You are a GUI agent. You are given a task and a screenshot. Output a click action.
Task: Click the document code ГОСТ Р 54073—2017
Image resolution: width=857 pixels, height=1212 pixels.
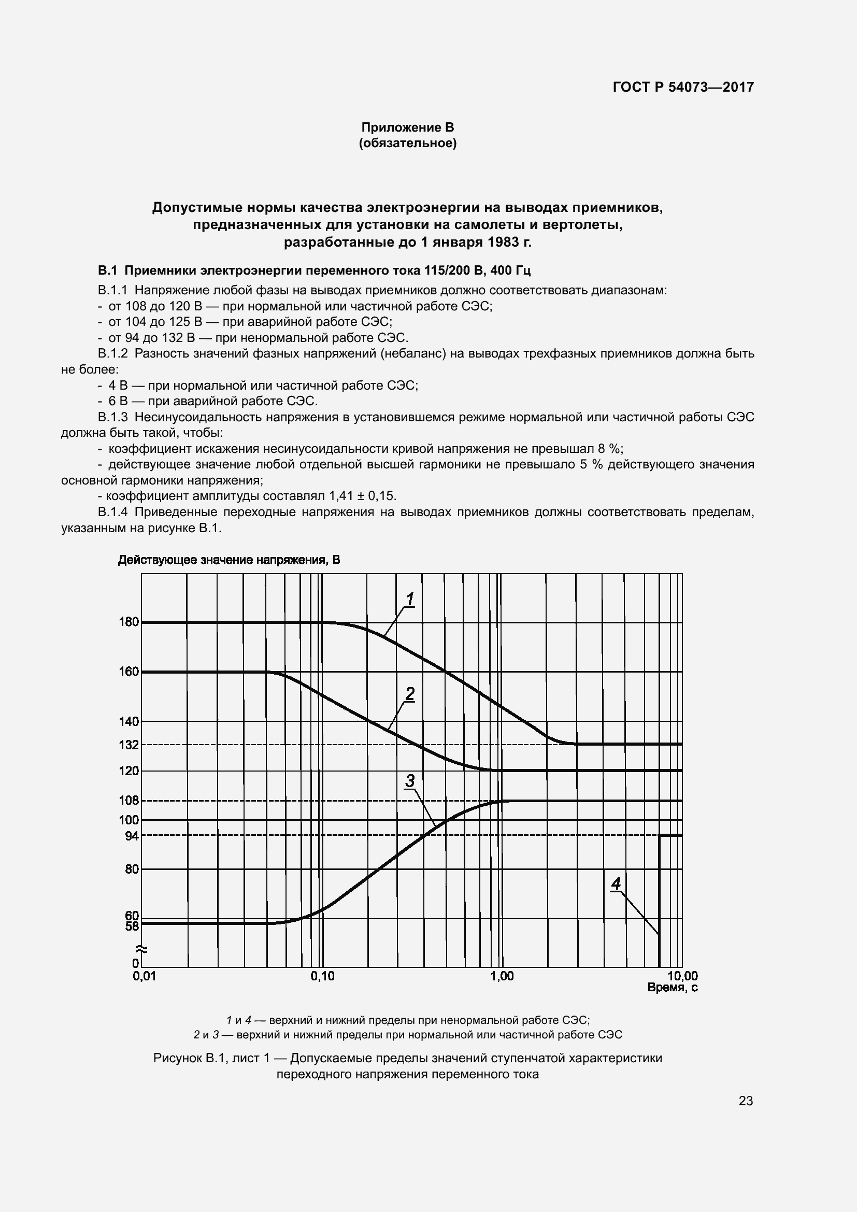point(683,87)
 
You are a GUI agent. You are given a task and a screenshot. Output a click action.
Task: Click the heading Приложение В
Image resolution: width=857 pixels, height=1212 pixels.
point(407,127)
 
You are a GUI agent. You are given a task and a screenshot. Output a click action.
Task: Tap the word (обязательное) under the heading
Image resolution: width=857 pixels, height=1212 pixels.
point(407,143)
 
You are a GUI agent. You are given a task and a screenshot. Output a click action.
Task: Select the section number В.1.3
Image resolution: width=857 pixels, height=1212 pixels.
point(112,417)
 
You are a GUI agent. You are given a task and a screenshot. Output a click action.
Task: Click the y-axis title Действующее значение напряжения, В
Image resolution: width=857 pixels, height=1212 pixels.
point(229,560)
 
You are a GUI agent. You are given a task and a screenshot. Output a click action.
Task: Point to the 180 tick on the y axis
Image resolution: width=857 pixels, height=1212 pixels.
point(129,622)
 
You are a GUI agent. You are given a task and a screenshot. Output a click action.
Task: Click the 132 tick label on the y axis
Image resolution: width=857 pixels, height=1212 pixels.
point(129,745)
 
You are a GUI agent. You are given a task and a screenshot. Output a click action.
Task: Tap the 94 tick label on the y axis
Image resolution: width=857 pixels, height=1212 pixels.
point(132,836)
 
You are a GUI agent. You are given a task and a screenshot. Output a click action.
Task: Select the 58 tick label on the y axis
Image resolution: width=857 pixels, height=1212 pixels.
point(132,926)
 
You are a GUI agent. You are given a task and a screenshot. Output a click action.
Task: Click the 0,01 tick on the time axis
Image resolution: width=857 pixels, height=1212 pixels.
point(144,977)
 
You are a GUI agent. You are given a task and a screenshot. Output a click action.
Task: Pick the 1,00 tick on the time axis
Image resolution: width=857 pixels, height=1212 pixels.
point(502,977)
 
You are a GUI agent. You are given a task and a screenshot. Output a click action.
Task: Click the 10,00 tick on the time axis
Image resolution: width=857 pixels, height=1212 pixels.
point(682,977)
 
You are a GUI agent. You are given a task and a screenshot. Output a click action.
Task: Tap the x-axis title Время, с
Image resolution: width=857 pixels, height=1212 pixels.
point(673,988)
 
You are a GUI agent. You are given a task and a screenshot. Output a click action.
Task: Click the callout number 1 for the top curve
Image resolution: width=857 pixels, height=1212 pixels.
point(409,600)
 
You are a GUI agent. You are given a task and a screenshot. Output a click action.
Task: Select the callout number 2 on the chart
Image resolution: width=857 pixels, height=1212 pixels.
point(409,694)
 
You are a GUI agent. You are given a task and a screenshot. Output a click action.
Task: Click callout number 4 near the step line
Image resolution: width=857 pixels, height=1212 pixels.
point(616,883)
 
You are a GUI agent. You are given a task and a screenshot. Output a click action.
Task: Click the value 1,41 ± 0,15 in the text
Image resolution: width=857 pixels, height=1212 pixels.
point(362,496)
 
